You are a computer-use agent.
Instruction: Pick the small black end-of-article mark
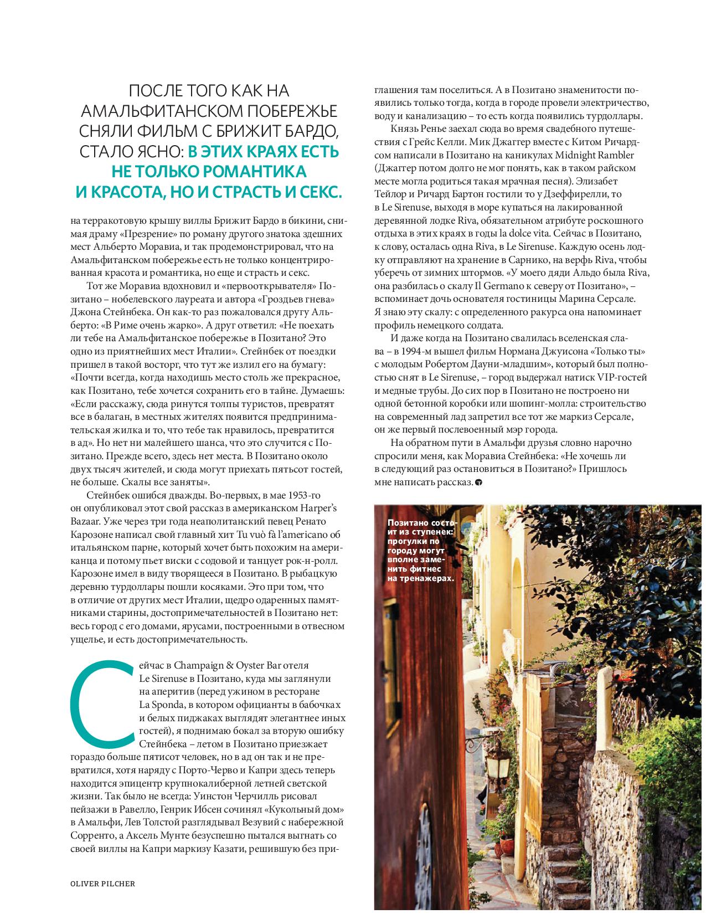pos(478,483)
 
